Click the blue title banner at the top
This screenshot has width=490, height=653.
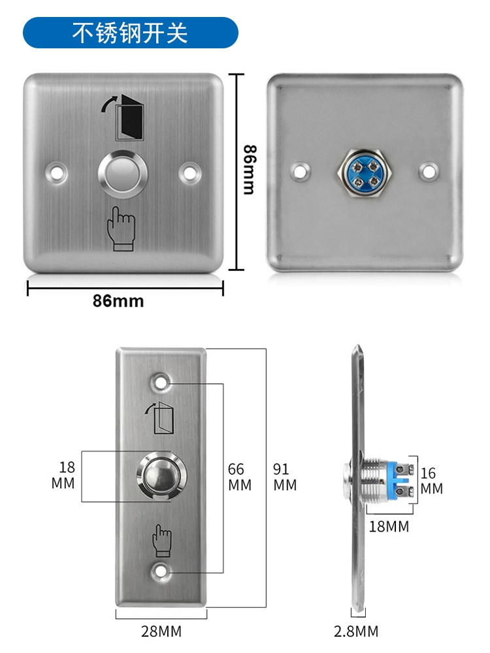[131, 33]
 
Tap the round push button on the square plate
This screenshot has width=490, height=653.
[123, 174]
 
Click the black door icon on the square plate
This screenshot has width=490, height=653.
[129, 118]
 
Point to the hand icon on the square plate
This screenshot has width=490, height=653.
[122, 229]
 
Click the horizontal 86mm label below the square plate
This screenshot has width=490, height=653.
[118, 300]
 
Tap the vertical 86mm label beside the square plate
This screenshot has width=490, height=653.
[250, 170]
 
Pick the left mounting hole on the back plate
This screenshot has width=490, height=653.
[300, 171]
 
